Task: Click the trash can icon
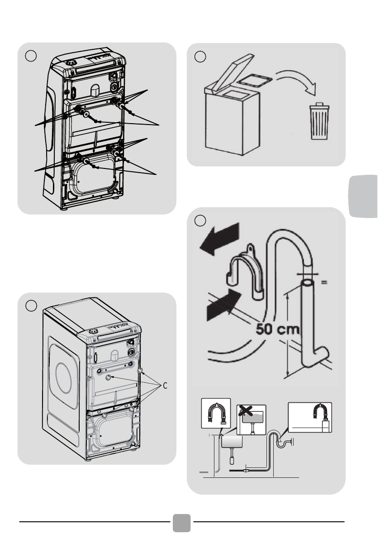pos(319,121)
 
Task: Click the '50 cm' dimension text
pos(278,329)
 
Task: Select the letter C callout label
pos(165,386)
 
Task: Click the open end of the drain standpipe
pos(308,283)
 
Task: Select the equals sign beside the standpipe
pos(324,282)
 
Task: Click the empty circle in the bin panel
pos(200,57)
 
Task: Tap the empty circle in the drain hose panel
pos(200,221)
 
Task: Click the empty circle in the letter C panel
pos(31,306)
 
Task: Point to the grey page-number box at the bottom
pos(181,523)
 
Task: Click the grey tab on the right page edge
pos(363,196)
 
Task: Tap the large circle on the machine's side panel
pos(63,377)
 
